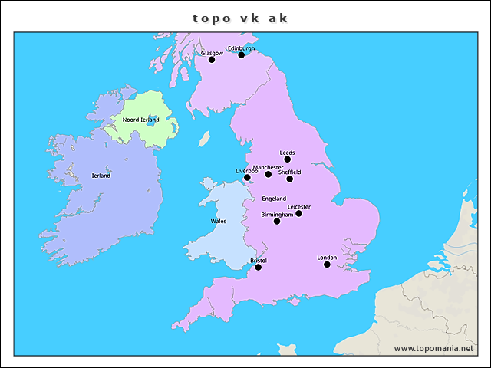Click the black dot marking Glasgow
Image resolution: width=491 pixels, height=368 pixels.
pyautogui.click(x=212, y=60)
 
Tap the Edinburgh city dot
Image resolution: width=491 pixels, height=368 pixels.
pyautogui.click(x=241, y=55)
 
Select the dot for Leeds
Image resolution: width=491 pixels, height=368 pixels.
pyautogui.click(x=288, y=159)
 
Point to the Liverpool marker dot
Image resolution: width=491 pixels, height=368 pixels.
pyautogui.click(x=247, y=178)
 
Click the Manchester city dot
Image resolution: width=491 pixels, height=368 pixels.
pyautogui.click(x=269, y=174)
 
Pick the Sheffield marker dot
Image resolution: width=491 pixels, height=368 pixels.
pyautogui.click(x=290, y=179)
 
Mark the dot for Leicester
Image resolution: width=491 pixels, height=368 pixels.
pyautogui.click(x=299, y=213)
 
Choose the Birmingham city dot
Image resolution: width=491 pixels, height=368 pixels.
pyautogui.click(x=277, y=221)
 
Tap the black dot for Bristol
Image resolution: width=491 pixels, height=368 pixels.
pyautogui.click(x=259, y=268)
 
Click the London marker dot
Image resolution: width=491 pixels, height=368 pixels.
pyautogui.click(x=327, y=264)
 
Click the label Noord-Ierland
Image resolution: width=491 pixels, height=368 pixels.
pyautogui.click(x=141, y=120)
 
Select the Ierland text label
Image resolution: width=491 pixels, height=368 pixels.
pyautogui.click(x=101, y=176)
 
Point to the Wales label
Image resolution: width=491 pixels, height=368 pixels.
pyautogui.click(x=219, y=221)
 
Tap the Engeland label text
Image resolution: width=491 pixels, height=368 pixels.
pyautogui.click(x=274, y=199)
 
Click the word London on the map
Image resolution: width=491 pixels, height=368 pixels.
pyautogui.click(x=327, y=258)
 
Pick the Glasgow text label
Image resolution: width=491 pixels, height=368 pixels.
pyautogui.click(x=212, y=53)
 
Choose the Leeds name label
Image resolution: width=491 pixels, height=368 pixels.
pyautogui.click(x=288, y=153)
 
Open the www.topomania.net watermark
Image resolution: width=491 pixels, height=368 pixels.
pyautogui.click(x=434, y=348)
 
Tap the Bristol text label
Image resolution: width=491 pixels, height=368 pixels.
pyautogui.click(x=259, y=261)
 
